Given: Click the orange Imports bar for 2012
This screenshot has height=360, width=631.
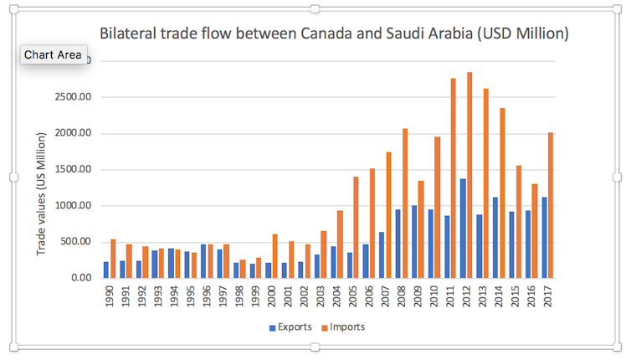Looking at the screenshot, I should pos(470,175).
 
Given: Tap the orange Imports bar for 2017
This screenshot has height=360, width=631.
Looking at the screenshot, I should pos(551,205).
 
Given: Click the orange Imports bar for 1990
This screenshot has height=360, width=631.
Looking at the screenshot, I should pos(113,259).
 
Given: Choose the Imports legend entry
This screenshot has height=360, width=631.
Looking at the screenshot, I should pos(343,327).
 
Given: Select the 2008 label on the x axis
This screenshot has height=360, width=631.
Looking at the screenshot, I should pos(402,298).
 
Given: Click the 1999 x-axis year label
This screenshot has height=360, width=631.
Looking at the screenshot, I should pos(255,298).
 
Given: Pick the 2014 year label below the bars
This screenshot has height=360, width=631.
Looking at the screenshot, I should pos(499,298).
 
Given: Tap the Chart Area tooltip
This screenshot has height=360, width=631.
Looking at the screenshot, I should pos(53,55).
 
